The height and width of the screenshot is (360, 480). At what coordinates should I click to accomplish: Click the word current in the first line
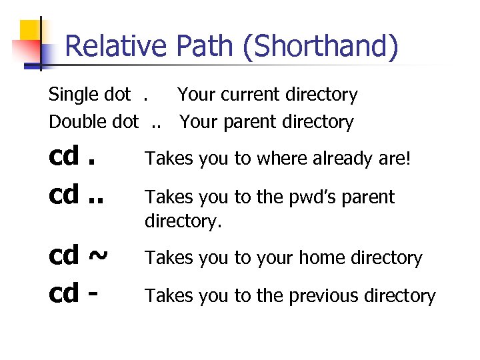tap(255, 95)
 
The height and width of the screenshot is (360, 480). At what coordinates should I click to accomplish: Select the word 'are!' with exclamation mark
tap(402, 159)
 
